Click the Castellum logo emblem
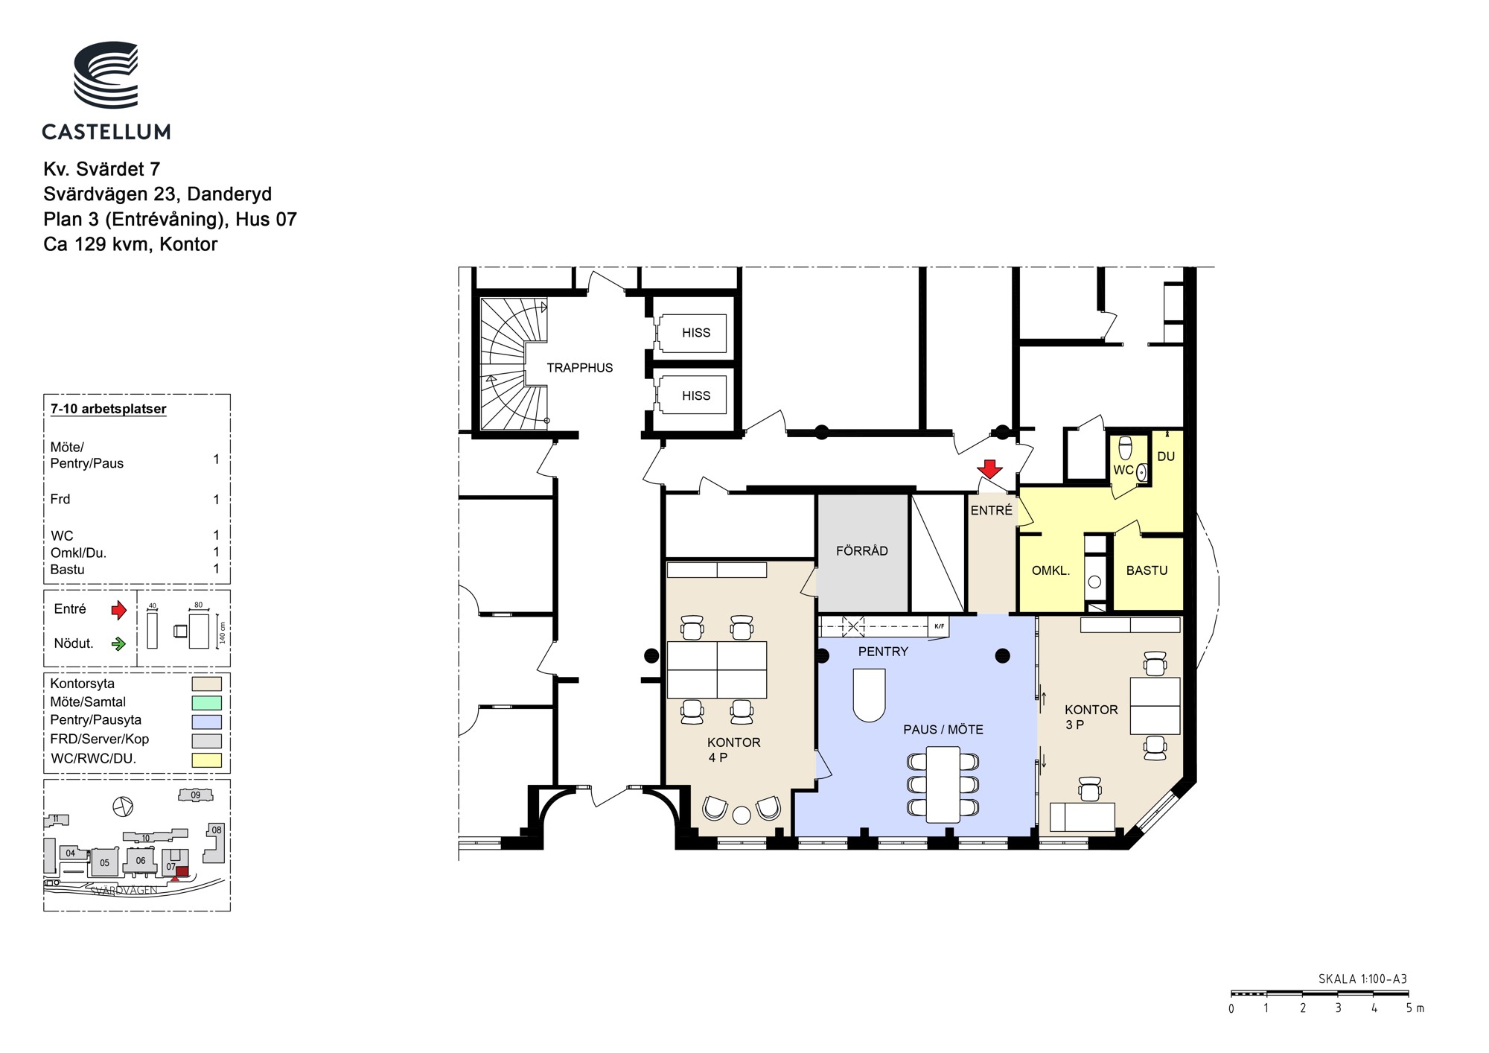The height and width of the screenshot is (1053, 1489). (x=106, y=74)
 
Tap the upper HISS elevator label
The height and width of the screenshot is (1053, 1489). (x=696, y=333)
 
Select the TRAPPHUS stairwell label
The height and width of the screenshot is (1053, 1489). (x=580, y=368)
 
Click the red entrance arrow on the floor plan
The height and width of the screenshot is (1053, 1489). (x=989, y=469)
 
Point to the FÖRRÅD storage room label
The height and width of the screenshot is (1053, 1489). (x=862, y=551)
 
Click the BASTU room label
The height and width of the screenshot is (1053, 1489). (x=1147, y=570)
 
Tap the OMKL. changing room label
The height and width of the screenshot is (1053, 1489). (x=1050, y=570)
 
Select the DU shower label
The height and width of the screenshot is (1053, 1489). (x=1166, y=456)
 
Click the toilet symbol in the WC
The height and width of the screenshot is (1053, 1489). (x=1126, y=448)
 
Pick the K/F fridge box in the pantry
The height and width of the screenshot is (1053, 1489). (x=939, y=626)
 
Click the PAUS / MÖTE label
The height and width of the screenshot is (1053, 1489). (x=943, y=730)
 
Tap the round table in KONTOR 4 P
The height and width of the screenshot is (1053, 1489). (x=742, y=815)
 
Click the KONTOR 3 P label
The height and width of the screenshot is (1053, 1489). (x=1091, y=717)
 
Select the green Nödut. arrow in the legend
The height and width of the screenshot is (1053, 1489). (x=118, y=644)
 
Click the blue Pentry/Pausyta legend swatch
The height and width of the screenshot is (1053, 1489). (x=207, y=721)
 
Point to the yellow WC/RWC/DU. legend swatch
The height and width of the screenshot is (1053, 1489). (x=207, y=760)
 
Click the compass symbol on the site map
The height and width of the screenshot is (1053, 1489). (x=123, y=807)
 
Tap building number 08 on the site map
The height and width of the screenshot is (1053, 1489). (x=216, y=830)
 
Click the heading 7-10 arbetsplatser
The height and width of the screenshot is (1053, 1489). (x=109, y=409)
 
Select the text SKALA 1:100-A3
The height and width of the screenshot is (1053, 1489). (x=1362, y=979)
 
